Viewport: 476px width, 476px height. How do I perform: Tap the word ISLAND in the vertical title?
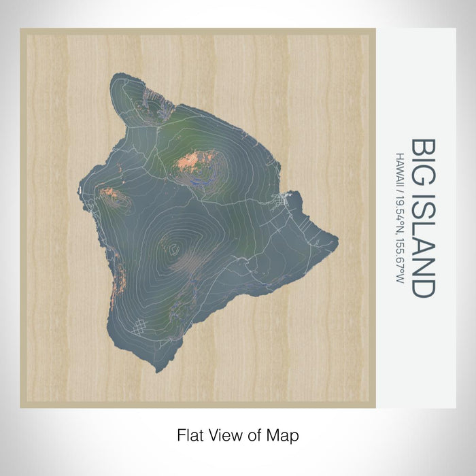[x=423, y=239]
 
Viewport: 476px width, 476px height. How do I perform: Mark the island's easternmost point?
[x=338, y=239]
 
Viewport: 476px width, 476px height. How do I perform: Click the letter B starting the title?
[x=423, y=146]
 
